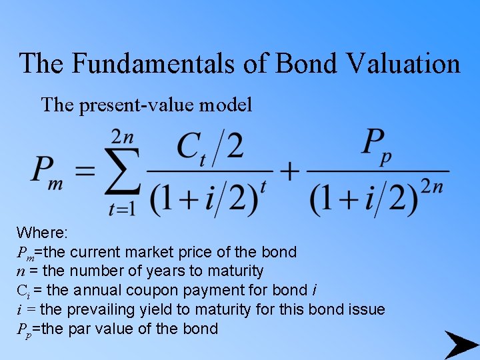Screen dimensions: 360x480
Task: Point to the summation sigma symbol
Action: (x=124, y=173)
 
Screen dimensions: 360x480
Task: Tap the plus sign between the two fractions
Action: (x=290, y=172)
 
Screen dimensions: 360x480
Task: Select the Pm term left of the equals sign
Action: (x=47, y=173)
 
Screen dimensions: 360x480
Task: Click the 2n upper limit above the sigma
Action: (x=123, y=137)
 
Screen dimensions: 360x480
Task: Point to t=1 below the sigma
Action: (x=123, y=209)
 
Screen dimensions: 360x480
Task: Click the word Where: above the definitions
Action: (x=42, y=233)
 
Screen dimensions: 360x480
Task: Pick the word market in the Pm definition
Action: (x=143, y=252)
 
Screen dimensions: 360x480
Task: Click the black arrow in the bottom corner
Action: (x=461, y=345)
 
